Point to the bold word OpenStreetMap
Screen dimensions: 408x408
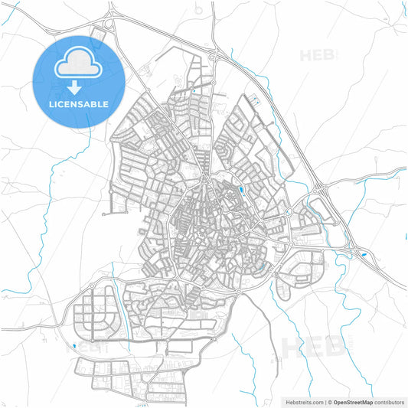click(353, 401)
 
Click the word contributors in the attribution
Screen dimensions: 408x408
click(389, 401)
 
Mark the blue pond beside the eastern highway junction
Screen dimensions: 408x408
click(363, 253)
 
